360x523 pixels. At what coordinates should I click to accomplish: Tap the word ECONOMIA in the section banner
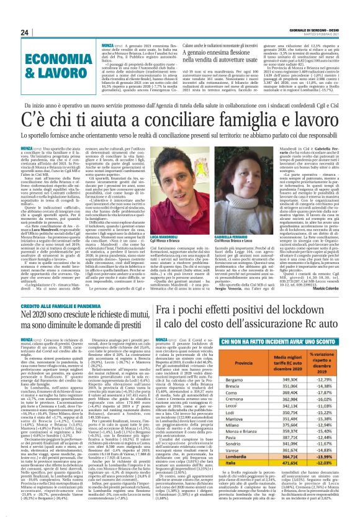tap(38, 55)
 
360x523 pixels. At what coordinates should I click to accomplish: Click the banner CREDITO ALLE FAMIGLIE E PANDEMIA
tap(60, 306)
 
